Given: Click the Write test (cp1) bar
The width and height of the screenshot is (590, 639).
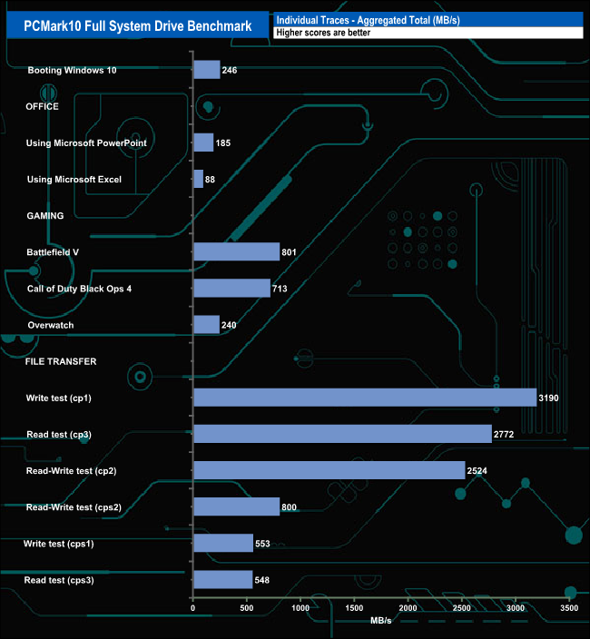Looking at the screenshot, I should (x=364, y=398).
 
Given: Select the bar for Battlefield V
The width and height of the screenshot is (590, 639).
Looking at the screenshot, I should (x=236, y=251).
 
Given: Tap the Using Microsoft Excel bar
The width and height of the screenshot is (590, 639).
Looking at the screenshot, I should (x=198, y=179).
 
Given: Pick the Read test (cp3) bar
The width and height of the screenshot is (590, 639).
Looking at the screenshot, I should (x=342, y=434).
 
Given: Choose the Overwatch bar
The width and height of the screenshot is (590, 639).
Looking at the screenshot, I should (x=206, y=324).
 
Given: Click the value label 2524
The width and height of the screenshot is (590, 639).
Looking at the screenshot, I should (x=480, y=470).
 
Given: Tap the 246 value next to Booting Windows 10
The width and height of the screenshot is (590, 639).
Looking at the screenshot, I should (x=230, y=70).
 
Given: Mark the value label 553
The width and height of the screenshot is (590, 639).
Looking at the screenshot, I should (x=264, y=543).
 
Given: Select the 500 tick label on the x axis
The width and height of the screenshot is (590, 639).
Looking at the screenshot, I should (x=247, y=609).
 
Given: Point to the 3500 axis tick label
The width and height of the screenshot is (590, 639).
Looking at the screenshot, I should (x=569, y=609).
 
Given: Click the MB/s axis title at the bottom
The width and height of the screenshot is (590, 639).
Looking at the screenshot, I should (x=381, y=622).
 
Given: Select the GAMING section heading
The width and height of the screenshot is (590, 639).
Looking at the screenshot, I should (x=44, y=216).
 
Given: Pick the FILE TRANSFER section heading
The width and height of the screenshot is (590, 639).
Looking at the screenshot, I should (x=61, y=361).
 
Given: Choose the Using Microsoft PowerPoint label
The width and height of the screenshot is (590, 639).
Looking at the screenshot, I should (x=87, y=143).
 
